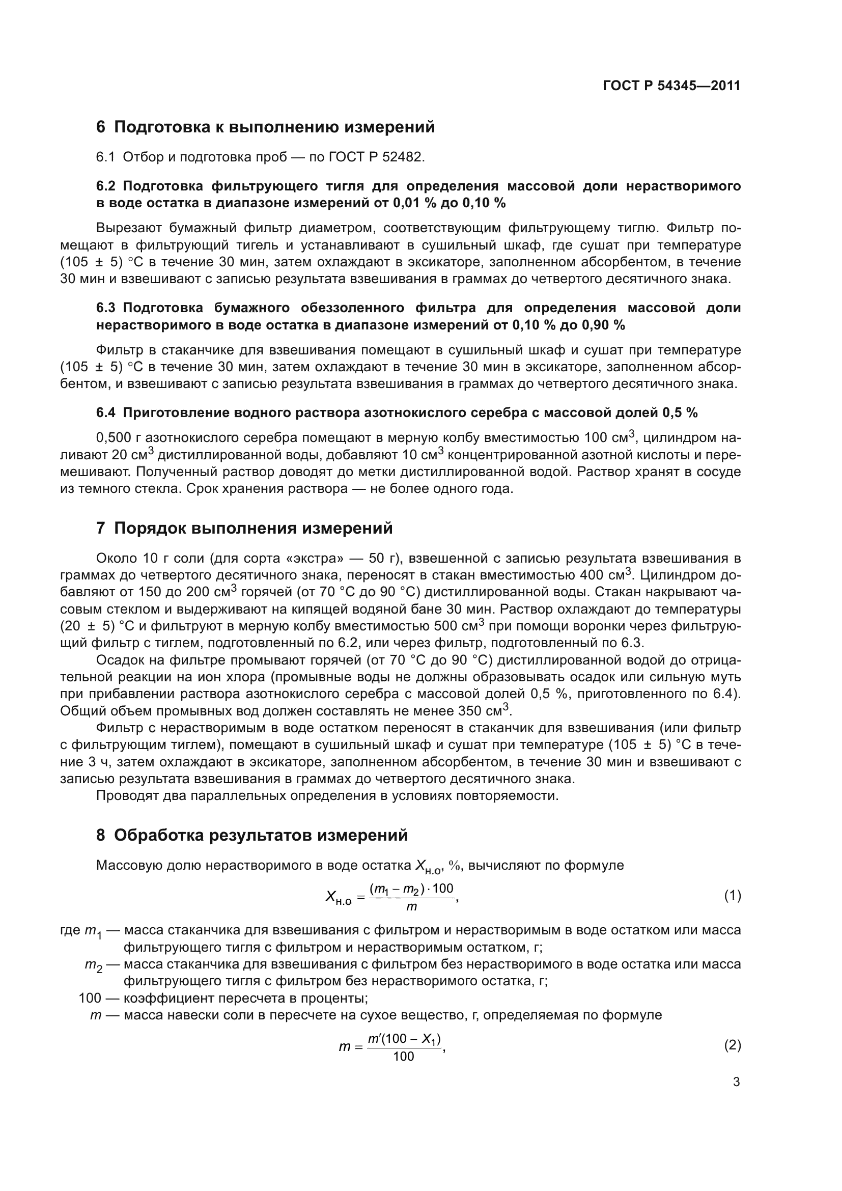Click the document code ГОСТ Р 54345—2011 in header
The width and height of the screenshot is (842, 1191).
point(671,86)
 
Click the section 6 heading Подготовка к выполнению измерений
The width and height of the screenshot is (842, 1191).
point(265,127)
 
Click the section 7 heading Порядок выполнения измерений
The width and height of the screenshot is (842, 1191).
point(244,529)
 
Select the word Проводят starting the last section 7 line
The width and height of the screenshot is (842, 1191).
point(120,796)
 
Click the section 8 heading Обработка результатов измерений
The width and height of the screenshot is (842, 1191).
point(252,836)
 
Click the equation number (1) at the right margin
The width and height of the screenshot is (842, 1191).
point(732,896)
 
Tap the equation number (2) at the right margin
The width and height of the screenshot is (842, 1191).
point(732,1045)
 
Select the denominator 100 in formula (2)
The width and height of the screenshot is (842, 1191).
point(403,1057)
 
